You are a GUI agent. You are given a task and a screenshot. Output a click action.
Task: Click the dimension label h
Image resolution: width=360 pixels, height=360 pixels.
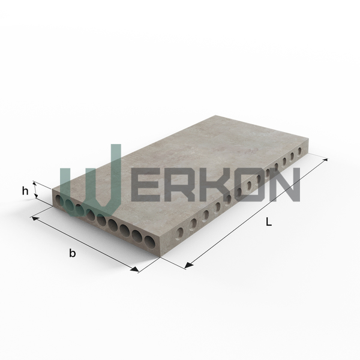coord(25,191)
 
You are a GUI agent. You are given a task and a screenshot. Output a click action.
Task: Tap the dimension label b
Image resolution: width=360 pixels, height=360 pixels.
coord(73,253)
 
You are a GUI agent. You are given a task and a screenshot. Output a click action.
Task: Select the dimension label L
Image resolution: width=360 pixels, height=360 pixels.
coord(269,221)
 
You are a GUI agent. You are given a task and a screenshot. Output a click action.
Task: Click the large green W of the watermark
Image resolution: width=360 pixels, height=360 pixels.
coord(91,181)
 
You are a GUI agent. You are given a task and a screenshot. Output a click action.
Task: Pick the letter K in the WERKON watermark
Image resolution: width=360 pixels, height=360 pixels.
coord(221,185)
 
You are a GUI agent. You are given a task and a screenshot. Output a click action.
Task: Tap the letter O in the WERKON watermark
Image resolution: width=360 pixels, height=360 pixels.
coord(254,185)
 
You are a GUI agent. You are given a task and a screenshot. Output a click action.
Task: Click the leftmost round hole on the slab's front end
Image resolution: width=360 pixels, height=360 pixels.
coord(59,200)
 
